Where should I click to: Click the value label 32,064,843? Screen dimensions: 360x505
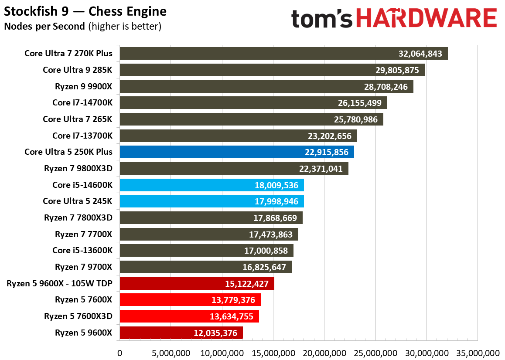click(420, 54)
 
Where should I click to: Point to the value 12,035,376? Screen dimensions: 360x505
click(215, 333)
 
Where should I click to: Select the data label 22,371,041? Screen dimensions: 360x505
click(321, 169)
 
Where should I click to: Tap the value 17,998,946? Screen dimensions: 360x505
click(276, 201)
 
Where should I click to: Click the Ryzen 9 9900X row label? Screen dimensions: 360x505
click(83, 87)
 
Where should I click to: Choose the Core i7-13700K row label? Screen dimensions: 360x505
click(82, 136)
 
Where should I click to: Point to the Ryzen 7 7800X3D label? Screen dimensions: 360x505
click(78, 217)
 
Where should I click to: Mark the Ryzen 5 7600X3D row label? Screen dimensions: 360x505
click(78, 316)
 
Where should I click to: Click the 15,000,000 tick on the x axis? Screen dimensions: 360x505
click(273, 353)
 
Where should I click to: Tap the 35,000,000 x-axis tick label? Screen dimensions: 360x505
click(477, 353)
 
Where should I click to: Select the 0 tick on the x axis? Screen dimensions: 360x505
click(120, 353)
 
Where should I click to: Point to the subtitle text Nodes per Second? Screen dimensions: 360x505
click(44, 26)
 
